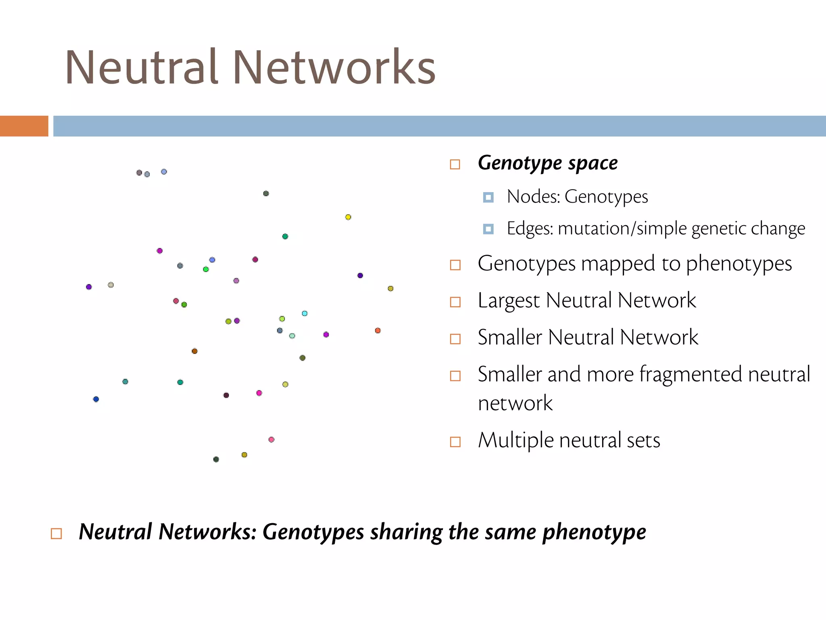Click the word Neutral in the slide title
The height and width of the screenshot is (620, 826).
click(142, 67)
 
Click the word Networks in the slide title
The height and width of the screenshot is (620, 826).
click(334, 67)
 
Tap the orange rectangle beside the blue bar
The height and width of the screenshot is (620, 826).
click(24, 126)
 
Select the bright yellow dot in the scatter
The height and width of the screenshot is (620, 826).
click(348, 217)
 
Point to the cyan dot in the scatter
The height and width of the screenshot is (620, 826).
click(305, 313)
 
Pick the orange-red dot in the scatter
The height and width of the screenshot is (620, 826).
click(378, 331)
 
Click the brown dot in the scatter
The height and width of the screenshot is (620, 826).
click(194, 351)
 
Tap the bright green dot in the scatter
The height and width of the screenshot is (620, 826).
click(206, 269)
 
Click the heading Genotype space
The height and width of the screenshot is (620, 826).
click(547, 163)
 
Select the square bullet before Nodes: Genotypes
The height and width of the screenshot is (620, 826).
click(488, 197)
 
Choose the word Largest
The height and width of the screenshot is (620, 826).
click(509, 301)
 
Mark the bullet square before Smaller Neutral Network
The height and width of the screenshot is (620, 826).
click(455, 339)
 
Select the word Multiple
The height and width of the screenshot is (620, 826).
click(515, 440)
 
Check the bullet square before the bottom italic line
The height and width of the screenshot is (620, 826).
click(56, 534)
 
